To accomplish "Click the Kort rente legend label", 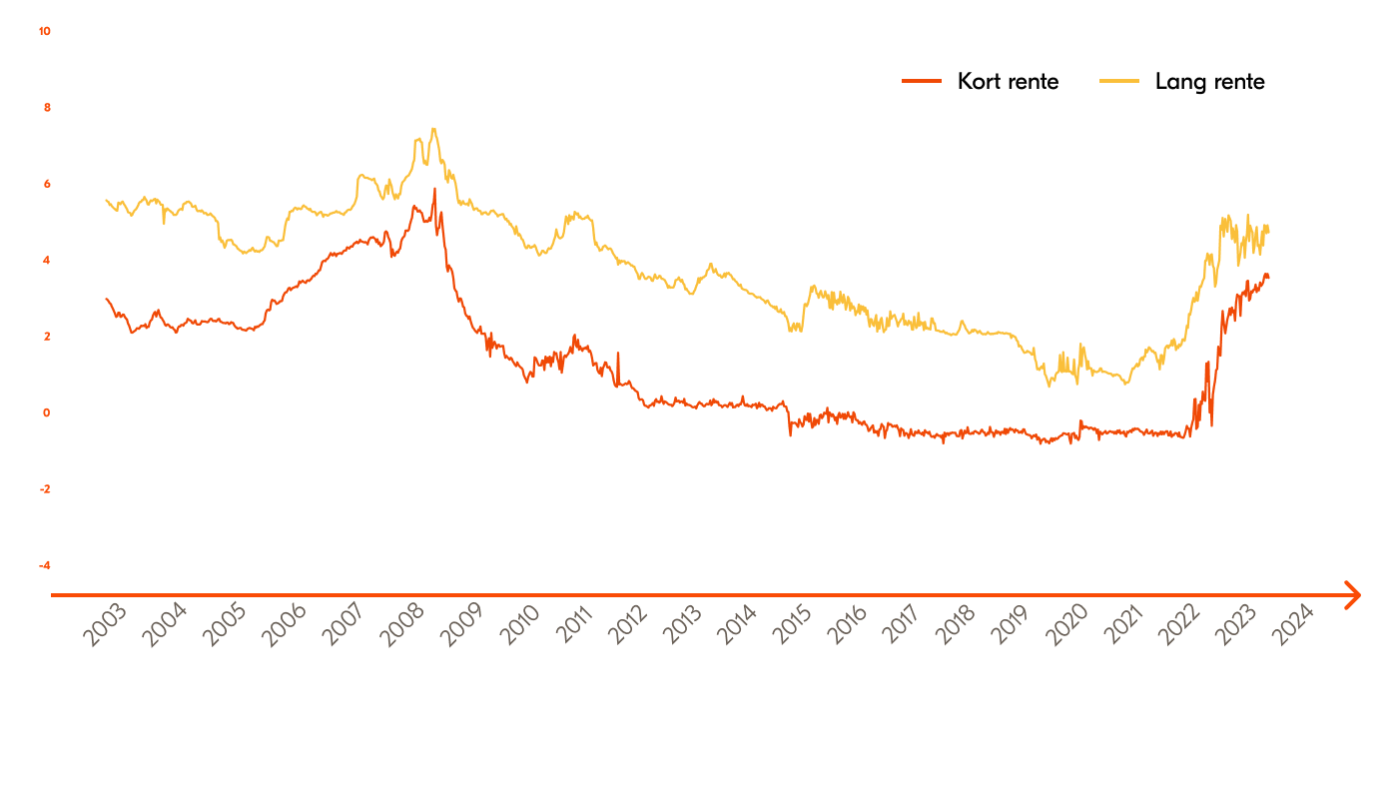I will [1008, 82].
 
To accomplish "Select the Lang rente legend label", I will [1209, 82].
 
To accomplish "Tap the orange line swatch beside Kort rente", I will [921, 82].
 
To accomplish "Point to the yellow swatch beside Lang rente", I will [1119, 82].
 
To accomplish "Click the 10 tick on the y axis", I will [44, 31].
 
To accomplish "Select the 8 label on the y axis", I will [46, 108].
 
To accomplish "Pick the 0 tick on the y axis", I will [46, 412].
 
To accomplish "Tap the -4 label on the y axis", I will [44, 565].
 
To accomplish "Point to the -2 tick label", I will [44, 489].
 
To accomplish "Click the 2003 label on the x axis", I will [104, 626].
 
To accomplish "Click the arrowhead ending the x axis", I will [1352, 595].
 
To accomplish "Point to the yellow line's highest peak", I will [432, 129].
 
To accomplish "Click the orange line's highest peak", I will [434, 189].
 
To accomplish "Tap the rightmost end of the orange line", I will [1269, 278].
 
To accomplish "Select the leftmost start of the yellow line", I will [106, 200].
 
